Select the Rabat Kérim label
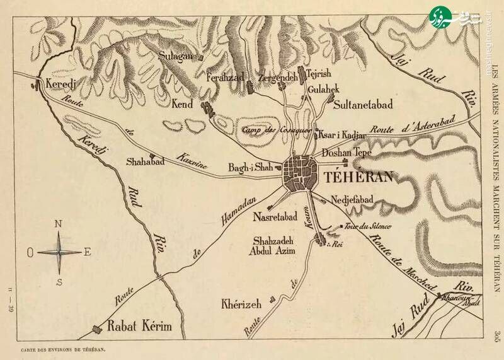point(139,327)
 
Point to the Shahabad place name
point(145,161)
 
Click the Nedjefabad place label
point(352,199)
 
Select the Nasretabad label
point(275,218)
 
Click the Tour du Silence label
point(369,226)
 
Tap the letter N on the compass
point(59,224)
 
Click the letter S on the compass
point(59,281)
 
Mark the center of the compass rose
point(59,252)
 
